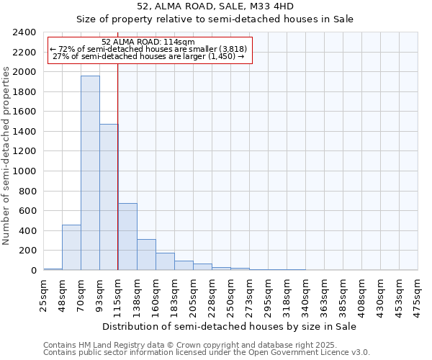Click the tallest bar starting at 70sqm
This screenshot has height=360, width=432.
[x=90, y=173]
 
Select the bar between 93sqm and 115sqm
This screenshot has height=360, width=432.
[x=109, y=197]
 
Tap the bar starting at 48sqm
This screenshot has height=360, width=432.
[x=71, y=247]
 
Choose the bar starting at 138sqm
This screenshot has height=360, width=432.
[x=146, y=254]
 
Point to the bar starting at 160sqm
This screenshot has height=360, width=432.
[x=165, y=261]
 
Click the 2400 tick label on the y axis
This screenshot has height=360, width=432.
[x=24, y=32]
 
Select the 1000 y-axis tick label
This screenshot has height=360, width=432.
[x=24, y=171]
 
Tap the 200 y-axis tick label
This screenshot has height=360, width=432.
[x=27, y=251]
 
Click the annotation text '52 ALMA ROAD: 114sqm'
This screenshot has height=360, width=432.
[x=148, y=42]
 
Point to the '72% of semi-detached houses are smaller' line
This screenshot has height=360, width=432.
[x=148, y=49]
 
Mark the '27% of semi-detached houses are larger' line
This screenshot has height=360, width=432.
[x=149, y=56]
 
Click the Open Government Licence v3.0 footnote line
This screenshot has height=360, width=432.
[x=207, y=353]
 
